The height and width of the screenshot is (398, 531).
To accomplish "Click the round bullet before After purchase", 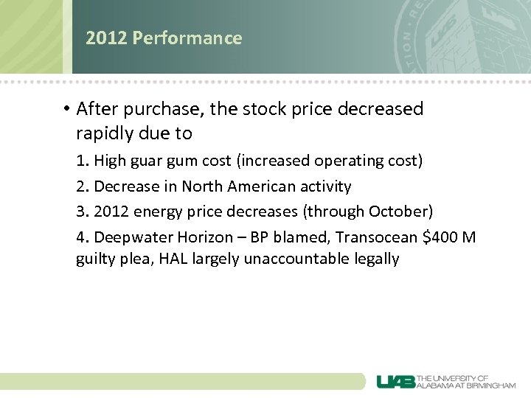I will click(66, 110).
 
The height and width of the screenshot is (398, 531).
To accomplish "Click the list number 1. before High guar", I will click(83, 161).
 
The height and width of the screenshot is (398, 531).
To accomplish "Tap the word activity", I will click(323, 186).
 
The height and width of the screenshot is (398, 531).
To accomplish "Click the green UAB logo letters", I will click(395, 381).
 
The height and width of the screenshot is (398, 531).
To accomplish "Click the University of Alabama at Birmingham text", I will click(466, 381).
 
